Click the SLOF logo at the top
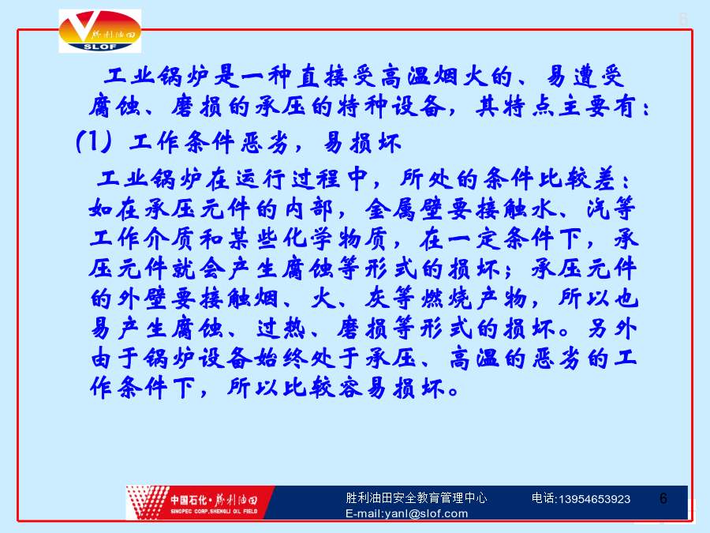[x=100, y=32]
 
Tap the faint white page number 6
[x=683, y=20]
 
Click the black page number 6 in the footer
[x=663, y=498]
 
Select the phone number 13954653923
[x=595, y=499]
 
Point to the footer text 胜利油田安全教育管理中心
[x=416, y=497]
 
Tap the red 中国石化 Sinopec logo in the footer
[x=200, y=502]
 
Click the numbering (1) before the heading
[x=94, y=141]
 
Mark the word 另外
[x=612, y=328]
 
